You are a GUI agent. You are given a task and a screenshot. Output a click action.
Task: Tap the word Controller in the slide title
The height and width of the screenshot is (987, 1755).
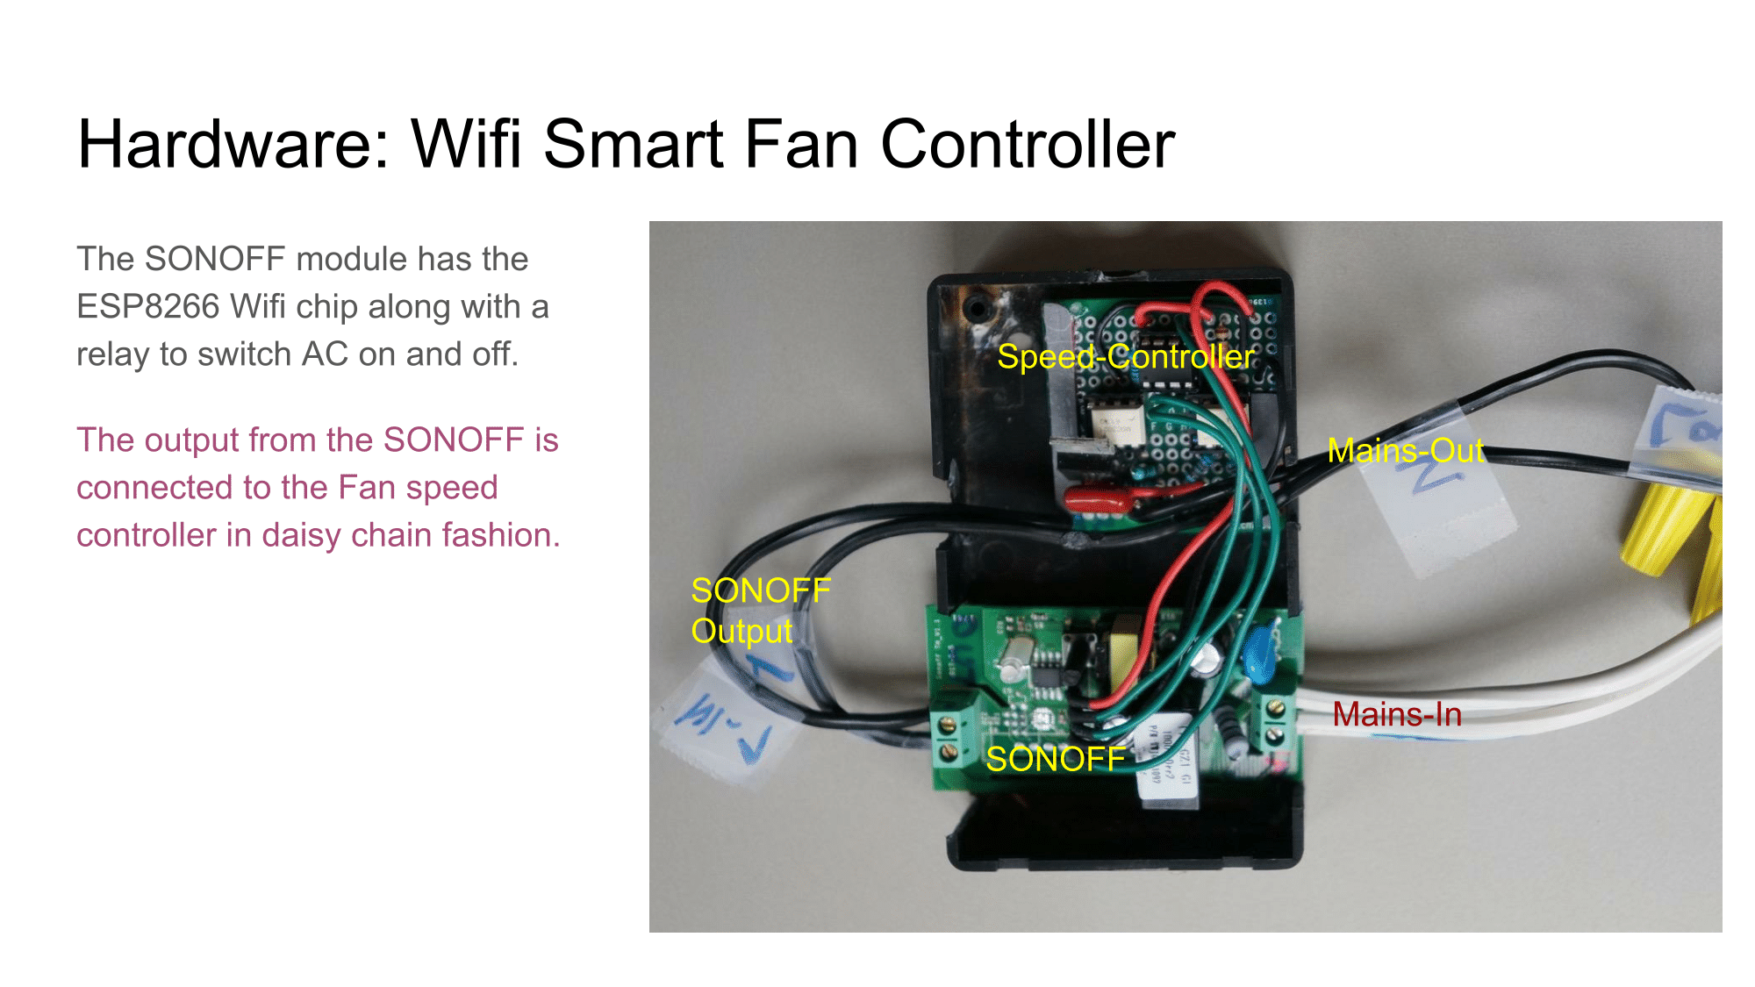(x=1027, y=145)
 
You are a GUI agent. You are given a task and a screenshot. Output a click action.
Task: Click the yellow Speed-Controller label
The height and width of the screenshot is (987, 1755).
(x=1125, y=357)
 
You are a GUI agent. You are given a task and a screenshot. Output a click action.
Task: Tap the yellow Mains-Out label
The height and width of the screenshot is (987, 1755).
(x=1406, y=451)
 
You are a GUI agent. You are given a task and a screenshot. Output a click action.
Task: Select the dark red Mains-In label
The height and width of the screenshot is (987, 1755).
(x=1397, y=715)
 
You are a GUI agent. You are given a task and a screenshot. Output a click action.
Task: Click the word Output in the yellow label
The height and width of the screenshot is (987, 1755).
(x=741, y=632)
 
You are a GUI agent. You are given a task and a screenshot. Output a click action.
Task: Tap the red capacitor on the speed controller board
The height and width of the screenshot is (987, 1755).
(x=1097, y=497)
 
